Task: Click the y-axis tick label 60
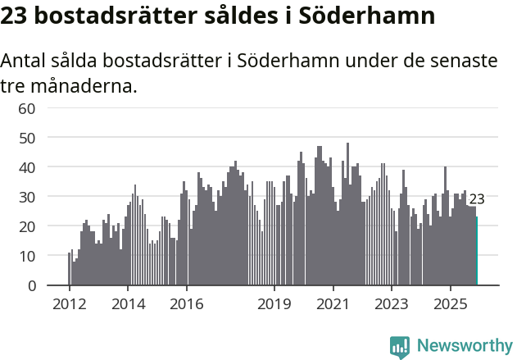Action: [27, 108]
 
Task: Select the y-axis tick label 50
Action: [27, 138]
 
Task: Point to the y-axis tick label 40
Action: [27, 167]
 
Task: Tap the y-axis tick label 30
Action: [27, 197]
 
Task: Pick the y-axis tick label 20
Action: [27, 226]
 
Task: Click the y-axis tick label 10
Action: [27, 256]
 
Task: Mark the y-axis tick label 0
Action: [32, 285]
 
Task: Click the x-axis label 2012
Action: [69, 303]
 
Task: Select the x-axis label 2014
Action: [128, 303]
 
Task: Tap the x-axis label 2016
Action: [186, 303]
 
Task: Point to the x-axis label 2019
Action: [274, 303]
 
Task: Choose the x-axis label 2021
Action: [333, 303]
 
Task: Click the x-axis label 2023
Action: [392, 303]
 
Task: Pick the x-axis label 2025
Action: [451, 303]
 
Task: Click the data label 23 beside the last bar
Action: [477, 199]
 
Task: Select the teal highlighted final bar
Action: [477, 251]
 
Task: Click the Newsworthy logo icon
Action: [400, 346]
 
